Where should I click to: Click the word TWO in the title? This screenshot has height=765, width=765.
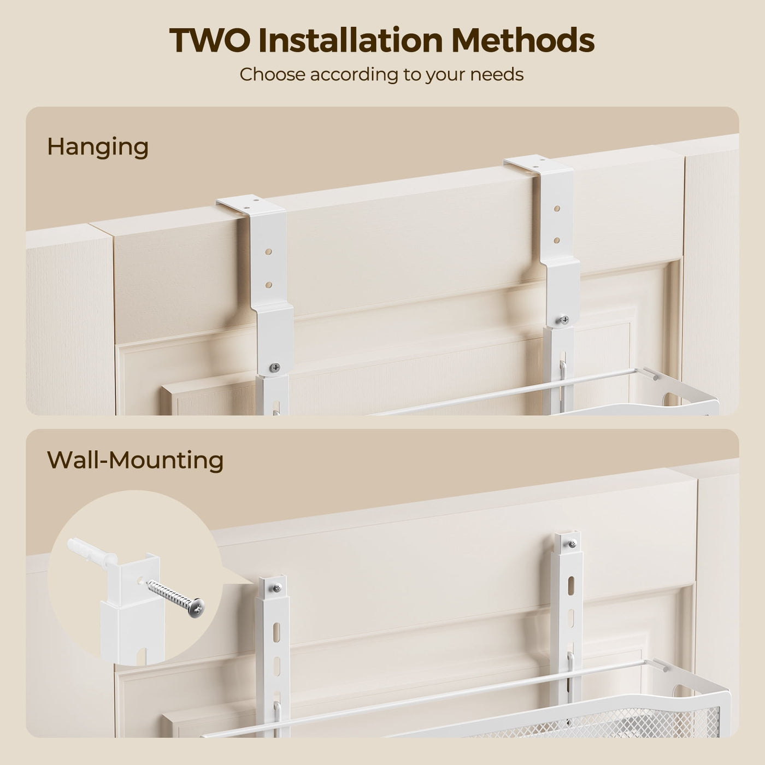[x=210, y=40]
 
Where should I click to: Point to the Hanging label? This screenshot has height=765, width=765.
[x=98, y=148]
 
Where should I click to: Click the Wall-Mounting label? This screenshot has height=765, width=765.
[x=135, y=461]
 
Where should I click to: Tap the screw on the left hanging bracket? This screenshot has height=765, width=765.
[x=275, y=368]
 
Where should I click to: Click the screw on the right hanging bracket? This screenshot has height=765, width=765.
[x=564, y=320]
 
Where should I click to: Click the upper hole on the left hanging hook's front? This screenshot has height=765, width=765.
[x=268, y=252]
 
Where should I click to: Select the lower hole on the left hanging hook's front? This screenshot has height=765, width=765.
[x=268, y=285]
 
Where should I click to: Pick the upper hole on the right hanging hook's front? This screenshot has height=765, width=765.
[x=557, y=208]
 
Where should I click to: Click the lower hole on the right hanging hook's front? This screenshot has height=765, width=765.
[x=557, y=240]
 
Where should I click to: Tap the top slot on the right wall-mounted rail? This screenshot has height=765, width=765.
[x=571, y=586]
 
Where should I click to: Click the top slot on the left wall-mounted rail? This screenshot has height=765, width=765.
[x=276, y=632]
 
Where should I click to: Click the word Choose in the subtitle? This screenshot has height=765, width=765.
[x=272, y=74]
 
